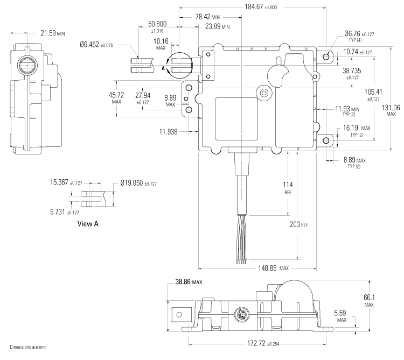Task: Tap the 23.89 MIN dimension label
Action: tap(217, 26)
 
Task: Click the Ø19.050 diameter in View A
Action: tap(138, 183)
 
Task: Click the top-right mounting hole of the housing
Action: tap(326, 55)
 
